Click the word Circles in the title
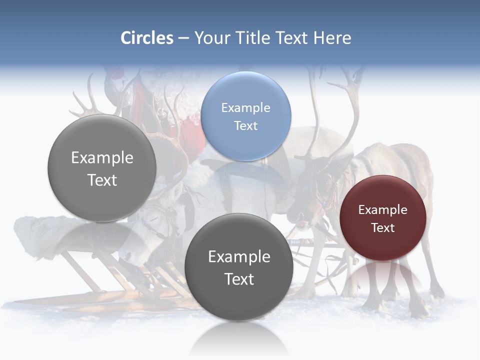click(x=147, y=38)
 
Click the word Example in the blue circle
click(x=245, y=108)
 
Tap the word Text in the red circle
click(x=382, y=228)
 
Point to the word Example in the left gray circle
click(x=102, y=158)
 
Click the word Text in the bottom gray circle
click(x=239, y=279)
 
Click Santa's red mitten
click(x=192, y=132)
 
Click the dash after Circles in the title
click(x=183, y=38)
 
